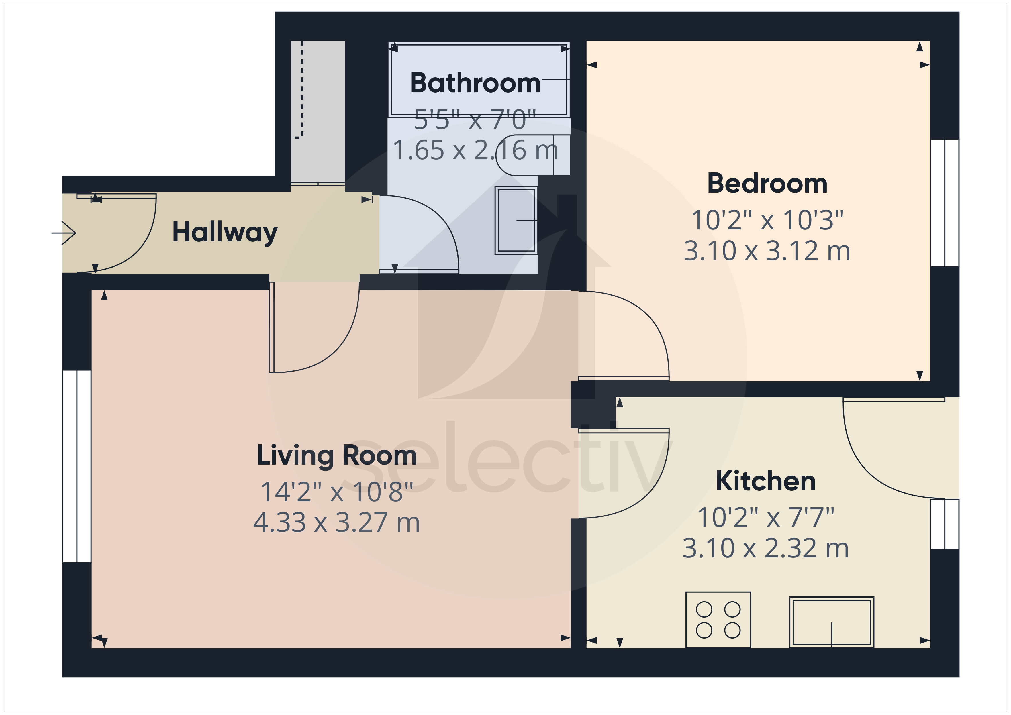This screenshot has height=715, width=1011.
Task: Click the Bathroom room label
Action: [475, 83]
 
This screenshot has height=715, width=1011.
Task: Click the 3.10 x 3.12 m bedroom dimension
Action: [767, 251]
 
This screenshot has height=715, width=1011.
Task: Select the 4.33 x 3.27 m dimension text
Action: [336, 522]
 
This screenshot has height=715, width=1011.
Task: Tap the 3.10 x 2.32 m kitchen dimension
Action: [766, 549]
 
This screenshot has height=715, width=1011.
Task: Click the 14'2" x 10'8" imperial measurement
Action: [336, 492]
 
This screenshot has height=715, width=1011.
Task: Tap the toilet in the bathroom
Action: [528, 155]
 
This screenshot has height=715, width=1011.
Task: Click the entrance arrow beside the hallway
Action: [64, 233]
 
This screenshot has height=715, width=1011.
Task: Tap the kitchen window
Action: [945, 524]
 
